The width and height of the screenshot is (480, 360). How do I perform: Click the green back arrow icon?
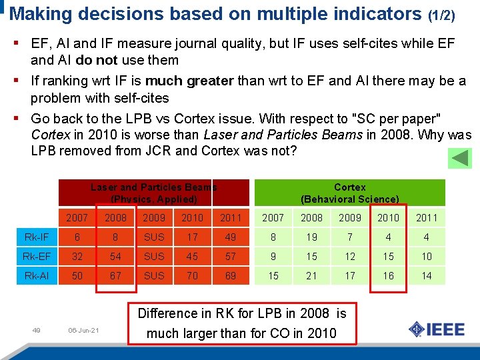458,157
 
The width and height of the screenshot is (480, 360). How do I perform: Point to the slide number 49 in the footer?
37,329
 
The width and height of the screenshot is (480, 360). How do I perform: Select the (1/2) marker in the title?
441,14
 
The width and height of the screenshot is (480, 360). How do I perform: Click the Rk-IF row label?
36,237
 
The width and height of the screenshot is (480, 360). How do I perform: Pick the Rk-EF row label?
36,256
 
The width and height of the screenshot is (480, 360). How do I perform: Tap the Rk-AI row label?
36,275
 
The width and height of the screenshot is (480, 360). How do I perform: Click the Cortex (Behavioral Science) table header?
349,193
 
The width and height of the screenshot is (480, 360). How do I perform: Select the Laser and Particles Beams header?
153,193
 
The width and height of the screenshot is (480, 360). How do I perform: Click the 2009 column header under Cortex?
349,217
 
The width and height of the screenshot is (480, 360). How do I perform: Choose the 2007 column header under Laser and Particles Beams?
77,217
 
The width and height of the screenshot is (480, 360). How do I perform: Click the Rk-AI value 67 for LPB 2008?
115,275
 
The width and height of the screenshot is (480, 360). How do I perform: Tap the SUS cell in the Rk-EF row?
154,256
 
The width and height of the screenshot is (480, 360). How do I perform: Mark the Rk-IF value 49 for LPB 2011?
230,237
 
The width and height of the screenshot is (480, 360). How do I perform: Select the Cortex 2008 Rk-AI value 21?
311,275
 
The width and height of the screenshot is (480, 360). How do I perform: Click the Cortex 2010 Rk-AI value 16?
388,275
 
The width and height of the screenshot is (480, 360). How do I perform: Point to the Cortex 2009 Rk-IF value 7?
349,237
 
